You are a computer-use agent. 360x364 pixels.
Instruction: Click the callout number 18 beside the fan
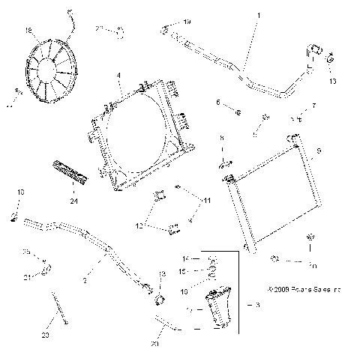pyautogui.click(x=29, y=31)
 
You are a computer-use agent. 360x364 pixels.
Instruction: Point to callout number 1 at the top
pyautogui.click(x=259, y=15)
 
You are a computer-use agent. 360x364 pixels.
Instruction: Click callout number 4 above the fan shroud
pyautogui.click(x=119, y=76)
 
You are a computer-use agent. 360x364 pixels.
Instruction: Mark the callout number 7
pyautogui.click(x=313, y=106)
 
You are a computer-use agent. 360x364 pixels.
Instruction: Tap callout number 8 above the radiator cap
pyautogui.click(x=221, y=139)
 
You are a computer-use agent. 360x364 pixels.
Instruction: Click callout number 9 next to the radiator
pyautogui.click(x=319, y=151)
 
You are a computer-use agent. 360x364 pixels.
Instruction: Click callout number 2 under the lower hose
pyautogui.click(x=85, y=280)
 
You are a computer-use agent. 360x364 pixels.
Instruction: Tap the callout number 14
pyautogui.click(x=187, y=259)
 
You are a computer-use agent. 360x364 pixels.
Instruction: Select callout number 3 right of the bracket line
pyautogui.click(x=257, y=306)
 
